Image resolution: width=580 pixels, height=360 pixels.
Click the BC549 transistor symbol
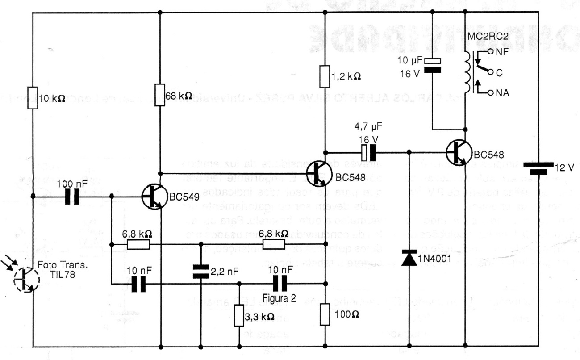click(x=154, y=197)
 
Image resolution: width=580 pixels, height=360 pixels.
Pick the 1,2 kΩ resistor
click(x=325, y=76)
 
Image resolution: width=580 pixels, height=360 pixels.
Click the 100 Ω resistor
click(x=325, y=315)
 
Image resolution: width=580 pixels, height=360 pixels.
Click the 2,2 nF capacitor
click(x=200, y=271)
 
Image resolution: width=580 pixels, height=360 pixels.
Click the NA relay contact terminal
click(x=489, y=93)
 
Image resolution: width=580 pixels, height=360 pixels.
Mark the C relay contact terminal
click(x=489, y=72)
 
